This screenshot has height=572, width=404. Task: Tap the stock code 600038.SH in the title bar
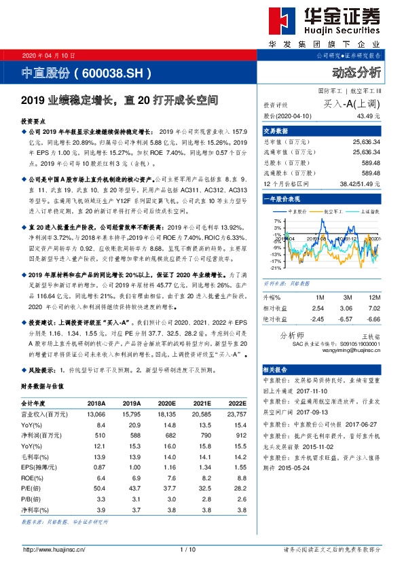pos(112,72)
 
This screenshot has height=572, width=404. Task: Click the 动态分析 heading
pos(356,72)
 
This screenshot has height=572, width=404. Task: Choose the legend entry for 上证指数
pos(367,212)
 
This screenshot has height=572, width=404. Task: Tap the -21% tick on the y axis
pos(275,268)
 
